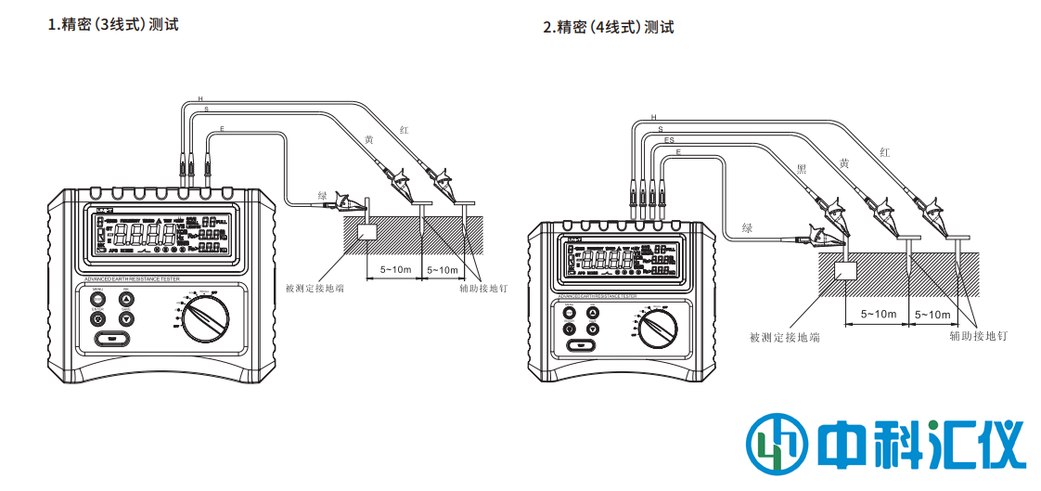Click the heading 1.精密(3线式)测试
[x=113, y=24]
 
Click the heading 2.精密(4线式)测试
[x=608, y=27]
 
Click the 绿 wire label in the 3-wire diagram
[x=323, y=195]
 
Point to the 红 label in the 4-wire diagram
[x=884, y=151]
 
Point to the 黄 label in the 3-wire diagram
[x=368, y=140]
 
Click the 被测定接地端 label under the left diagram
[x=315, y=289]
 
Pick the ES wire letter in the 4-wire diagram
[x=669, y=140]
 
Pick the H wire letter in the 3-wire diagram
[x=200, y=97]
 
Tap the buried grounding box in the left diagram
[x=366, y=233]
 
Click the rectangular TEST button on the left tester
[x=111, y=338]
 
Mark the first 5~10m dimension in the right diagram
[x=878, y=314]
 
